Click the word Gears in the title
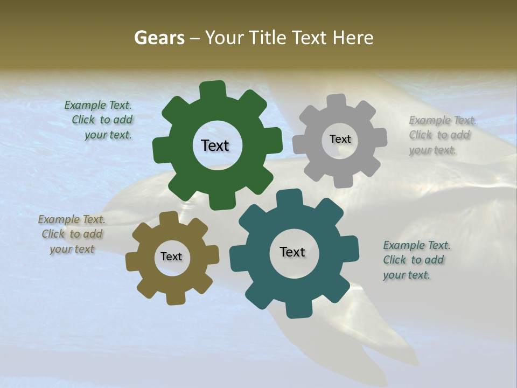(x=159, y=38)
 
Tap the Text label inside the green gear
(x=215, y=145)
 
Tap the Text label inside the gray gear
(x=340, y=139)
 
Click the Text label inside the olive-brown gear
(x=171, y=257)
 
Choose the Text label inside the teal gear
(x=292, y=252)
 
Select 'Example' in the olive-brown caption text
(x=59, y=219)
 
